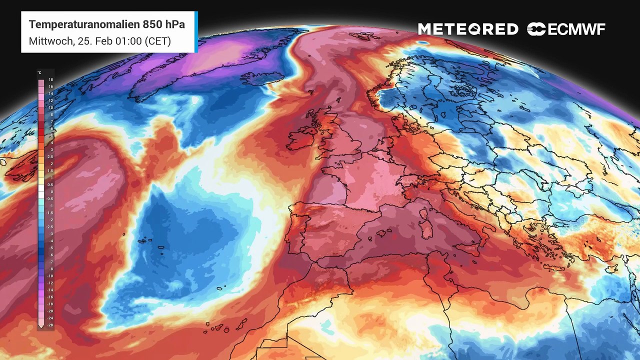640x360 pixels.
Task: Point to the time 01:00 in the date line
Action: click(x=127, y=41)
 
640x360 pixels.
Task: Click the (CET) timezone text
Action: click(x=158, y=41)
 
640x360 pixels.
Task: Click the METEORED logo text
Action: click(x=468, y=29)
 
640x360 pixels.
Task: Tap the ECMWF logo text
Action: click(x=576, y=29)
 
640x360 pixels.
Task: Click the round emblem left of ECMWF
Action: click(x=536, y=29)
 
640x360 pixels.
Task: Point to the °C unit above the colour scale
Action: click(x=39, y=73)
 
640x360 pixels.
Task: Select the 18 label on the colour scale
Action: click(x=50, y=80)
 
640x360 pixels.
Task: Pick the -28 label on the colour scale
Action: click(x=50, y=325)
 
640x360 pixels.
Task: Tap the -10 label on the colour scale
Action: click(x=50, y=276)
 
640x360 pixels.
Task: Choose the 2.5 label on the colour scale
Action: click(x=51, y=157)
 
